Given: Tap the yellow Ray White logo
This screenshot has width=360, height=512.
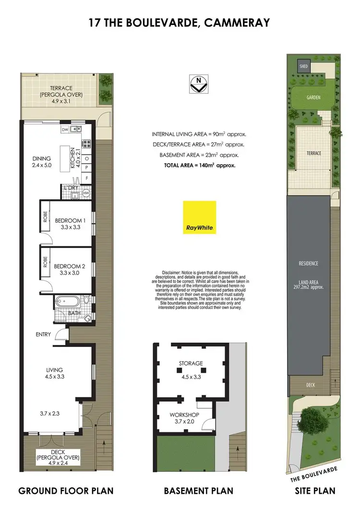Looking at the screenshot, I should (200, 217).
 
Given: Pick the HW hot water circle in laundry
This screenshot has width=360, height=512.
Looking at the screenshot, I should (86, 192).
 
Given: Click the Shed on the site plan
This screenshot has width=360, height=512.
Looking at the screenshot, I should (303, 67).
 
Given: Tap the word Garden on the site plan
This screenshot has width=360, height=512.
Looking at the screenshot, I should (313, 97).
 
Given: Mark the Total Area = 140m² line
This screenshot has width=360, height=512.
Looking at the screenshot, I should (198, 165).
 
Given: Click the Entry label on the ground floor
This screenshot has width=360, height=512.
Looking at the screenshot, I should (43, 334).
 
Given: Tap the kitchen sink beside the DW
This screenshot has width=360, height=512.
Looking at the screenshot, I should (75, 130).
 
